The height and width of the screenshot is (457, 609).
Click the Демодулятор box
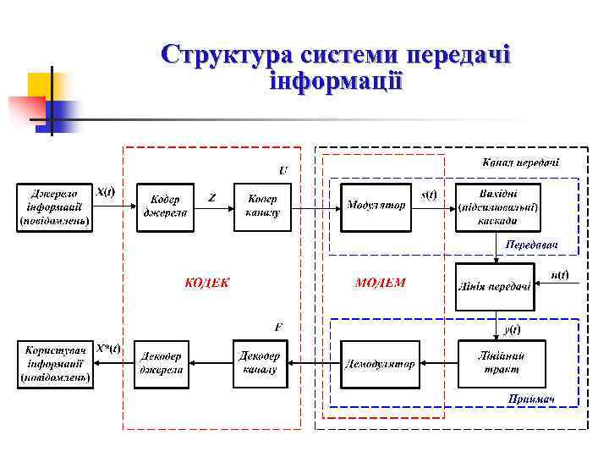pyautogui.click(x=380, y=364)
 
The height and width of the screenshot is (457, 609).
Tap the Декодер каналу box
pyautogui.click(x=261, y=363)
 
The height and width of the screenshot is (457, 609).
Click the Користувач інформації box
pyautogui.click(x=56, y=364)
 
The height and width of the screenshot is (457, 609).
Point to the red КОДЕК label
pyautogui.click(x=207, y=283)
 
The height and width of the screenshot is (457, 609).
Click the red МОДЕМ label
pyautogui.click(x=380, y=283)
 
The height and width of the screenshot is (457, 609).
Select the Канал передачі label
pyautogui.click(x=520, y=162)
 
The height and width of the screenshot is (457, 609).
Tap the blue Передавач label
pyautogui.click(x=531, y=245)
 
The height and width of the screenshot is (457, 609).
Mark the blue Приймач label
pyautogui.click(x=530, y=399)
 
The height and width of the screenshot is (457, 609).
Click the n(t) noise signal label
pyautogui.click(x=559, y=274)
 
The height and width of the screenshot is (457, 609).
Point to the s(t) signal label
pyautogui.click(x=429, y=194)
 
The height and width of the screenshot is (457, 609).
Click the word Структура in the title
pyautogui.click(x=226, y=55)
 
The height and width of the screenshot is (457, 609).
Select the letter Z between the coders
pyautogui.click(x=212, y=197)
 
